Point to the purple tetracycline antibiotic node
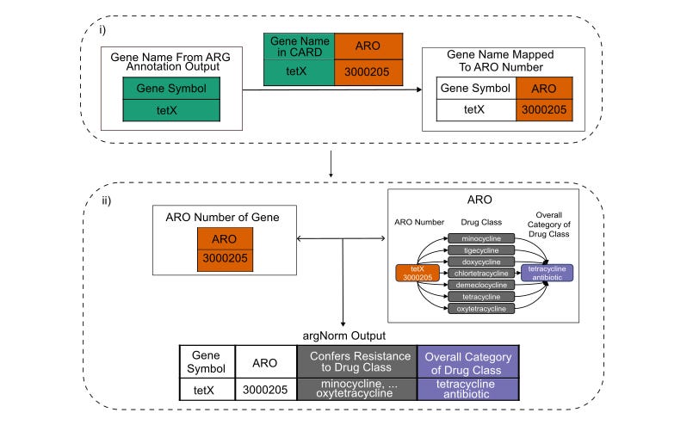(547, 273)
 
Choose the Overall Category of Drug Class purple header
(471, 361)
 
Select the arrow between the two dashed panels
(331, 166)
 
